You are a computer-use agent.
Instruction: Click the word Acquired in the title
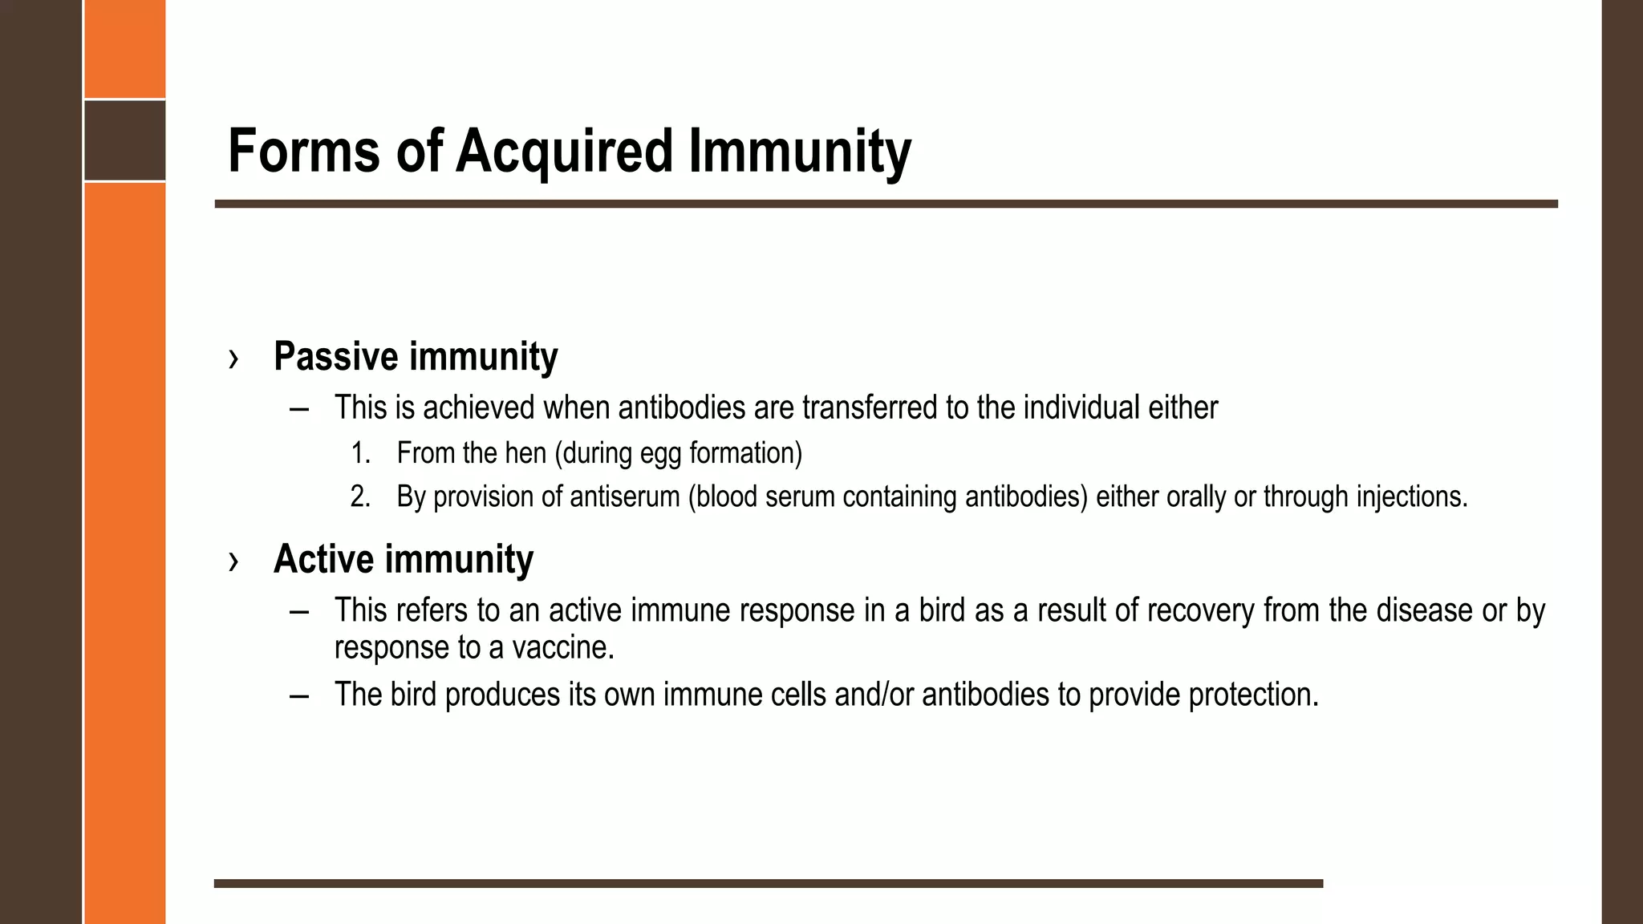click(x=564, y=151)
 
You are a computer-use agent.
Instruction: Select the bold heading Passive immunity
click(x=416, y=356)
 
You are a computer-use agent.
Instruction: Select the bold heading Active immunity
click(x=404, y=559)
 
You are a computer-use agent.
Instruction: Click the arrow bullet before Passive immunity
click(x=233, y=358)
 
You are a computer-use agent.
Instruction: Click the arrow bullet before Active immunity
click(x=233, y=561)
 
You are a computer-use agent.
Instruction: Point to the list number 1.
click(x=360, y=453)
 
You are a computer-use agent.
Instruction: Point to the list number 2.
click(x=360, y=497)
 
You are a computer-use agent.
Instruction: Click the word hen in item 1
click(x=525, y=453)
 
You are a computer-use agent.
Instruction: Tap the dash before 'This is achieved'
click(x=299, y=408)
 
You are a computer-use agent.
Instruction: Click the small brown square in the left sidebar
click(x=125, y=140)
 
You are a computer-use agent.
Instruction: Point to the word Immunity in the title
click(x=800, y=151)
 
